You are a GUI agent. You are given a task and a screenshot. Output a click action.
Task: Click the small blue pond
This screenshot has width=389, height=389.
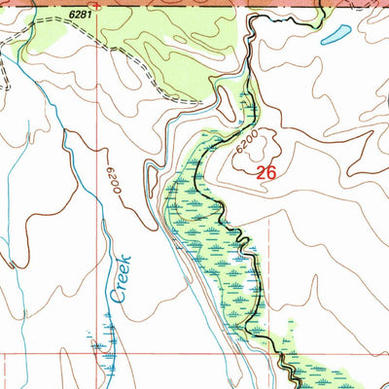tap(336, 35)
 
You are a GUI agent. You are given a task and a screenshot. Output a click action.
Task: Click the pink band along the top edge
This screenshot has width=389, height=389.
tap(292, 6)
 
